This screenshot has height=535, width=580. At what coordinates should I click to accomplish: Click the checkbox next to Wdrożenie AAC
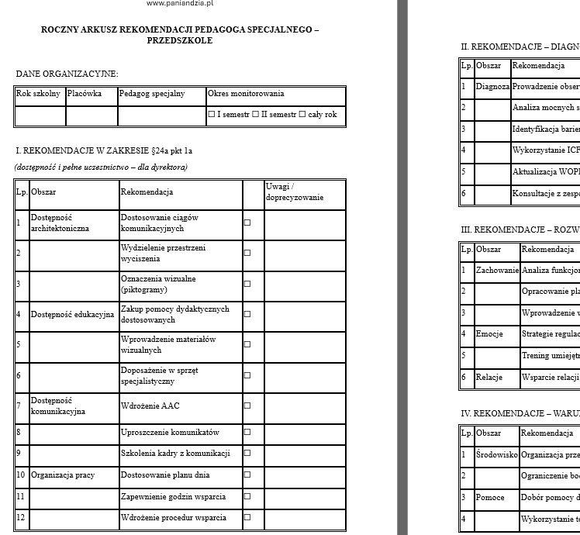(247, 406)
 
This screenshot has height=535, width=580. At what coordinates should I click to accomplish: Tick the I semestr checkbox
(212, 115)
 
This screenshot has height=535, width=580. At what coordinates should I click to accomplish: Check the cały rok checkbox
(302, 115)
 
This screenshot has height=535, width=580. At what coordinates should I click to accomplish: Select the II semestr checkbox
(255, 115)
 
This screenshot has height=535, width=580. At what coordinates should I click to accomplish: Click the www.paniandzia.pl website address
(180, 4)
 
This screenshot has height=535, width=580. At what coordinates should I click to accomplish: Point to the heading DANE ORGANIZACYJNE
(67, 74)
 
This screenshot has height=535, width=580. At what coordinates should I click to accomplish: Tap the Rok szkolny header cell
(39, 94)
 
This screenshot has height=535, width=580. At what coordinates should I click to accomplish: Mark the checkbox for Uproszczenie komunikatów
(247, 433)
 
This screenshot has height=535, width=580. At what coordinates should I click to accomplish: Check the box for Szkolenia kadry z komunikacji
(247, 454)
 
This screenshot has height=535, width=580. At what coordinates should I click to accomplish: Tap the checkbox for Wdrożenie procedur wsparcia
(247, 517)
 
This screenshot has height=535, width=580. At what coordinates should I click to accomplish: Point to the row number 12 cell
(21, 517)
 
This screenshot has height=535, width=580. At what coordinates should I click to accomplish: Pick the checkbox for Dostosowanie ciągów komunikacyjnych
(247, 223)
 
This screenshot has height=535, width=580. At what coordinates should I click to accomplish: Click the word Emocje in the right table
(489, 334)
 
